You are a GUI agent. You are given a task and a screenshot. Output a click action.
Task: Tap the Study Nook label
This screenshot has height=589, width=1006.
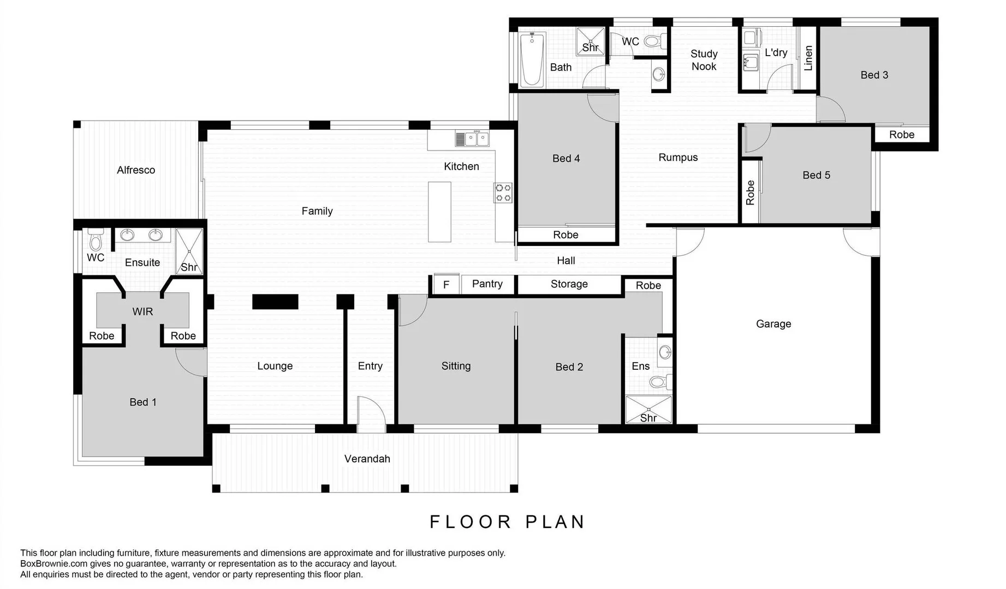[x=704, y=60]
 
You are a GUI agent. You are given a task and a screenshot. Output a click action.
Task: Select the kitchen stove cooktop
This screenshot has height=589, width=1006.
[x=503, y=193]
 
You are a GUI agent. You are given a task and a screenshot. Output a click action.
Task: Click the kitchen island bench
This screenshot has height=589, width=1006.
[x=439, y=212]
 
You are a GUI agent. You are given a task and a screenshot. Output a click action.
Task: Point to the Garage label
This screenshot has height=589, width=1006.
[x=773, y=324]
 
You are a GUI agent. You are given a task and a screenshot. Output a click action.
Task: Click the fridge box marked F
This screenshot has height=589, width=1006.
[x=446, y=285]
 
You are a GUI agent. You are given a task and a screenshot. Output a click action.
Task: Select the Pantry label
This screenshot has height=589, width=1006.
[x=487, y=284]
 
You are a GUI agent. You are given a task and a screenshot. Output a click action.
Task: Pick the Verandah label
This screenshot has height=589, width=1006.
[x=367, y=459]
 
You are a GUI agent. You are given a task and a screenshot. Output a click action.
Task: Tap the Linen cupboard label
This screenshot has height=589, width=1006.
[x=808, y=58]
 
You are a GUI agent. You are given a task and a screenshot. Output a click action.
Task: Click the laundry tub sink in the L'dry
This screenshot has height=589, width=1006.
[x=751, y=63]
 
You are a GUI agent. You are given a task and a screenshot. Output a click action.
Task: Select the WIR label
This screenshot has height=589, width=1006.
[x=142, y=311]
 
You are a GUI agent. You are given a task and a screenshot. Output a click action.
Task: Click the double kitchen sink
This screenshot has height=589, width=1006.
[x=473, y=139]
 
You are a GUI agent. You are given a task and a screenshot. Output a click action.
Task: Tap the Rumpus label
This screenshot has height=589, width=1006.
[x=678, y=158]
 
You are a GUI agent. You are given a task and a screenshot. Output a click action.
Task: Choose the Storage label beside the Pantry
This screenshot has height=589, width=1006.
[x=569, y=284]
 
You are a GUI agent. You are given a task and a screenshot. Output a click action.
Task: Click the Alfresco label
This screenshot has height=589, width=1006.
[x=136, y=170]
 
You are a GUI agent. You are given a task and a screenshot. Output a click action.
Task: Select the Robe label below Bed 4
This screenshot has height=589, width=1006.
[x=565, y=235]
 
